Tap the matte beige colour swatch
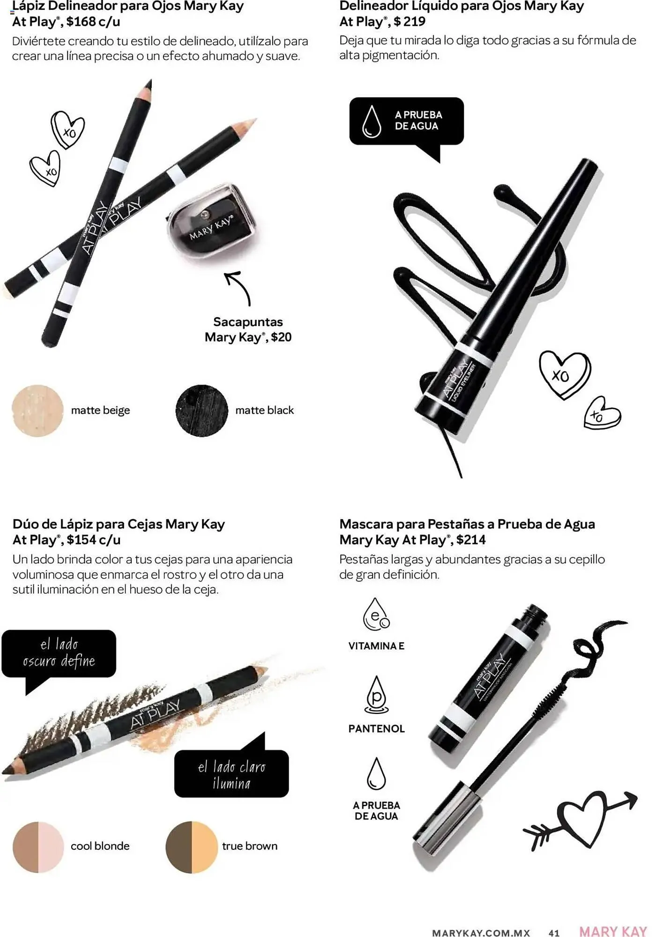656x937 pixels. coord(37,411)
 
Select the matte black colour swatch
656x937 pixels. coord(201,411)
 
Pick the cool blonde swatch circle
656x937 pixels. coord(38,847)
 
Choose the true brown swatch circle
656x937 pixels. coord(192,847)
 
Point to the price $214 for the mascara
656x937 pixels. coord(471,540)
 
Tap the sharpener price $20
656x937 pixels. coord(281,337)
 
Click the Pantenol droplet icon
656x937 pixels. coord(376,695)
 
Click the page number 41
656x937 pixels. coord(554,933)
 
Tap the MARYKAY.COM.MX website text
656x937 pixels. coord(481,933)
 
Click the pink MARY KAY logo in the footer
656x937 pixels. coord(613,931)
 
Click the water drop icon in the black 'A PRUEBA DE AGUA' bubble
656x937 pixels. coord(372,121)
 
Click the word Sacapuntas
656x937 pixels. coord(248,322)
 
